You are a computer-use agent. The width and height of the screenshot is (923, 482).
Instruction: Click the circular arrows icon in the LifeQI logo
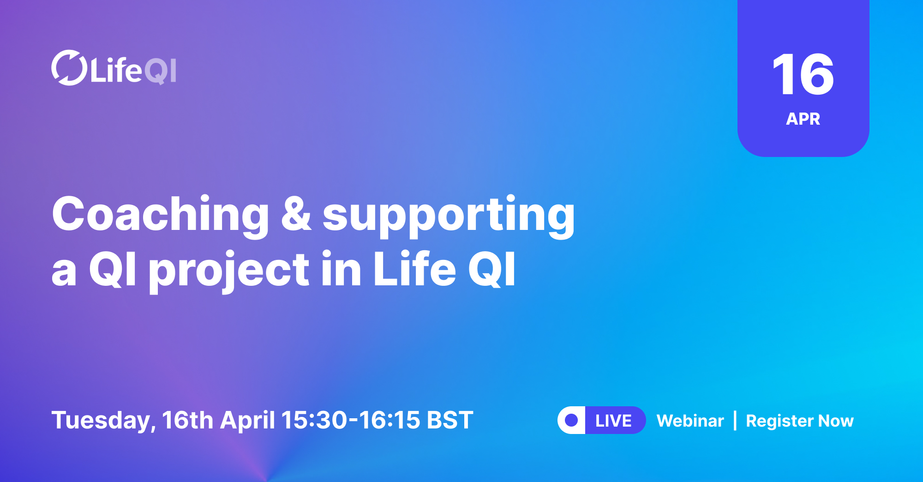click(69, 68)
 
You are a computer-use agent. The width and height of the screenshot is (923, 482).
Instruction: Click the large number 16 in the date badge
click(803, 75)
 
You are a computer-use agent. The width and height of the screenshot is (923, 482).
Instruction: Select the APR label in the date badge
click(803, 119)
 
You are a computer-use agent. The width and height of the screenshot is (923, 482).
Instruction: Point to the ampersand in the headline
click(296, 214)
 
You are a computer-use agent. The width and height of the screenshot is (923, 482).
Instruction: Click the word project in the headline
click(229, 271)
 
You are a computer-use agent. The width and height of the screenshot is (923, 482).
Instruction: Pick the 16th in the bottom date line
click(187, 420)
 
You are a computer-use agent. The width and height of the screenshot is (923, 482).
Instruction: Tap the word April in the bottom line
click(247, 420)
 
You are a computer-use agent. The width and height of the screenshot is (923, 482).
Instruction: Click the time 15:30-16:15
click(351, 420)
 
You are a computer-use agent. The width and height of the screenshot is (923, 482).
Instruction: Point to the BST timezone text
click(450, 420)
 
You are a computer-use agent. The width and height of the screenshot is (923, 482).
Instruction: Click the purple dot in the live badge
click(571, 420)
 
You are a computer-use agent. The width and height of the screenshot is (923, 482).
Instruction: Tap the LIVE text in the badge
click(613, 421)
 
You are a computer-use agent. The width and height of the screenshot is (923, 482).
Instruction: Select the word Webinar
click(690, 421)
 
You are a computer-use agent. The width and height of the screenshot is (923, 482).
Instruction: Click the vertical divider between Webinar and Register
click(735, 421)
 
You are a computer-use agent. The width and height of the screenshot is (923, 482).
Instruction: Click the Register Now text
click(800, 421)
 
